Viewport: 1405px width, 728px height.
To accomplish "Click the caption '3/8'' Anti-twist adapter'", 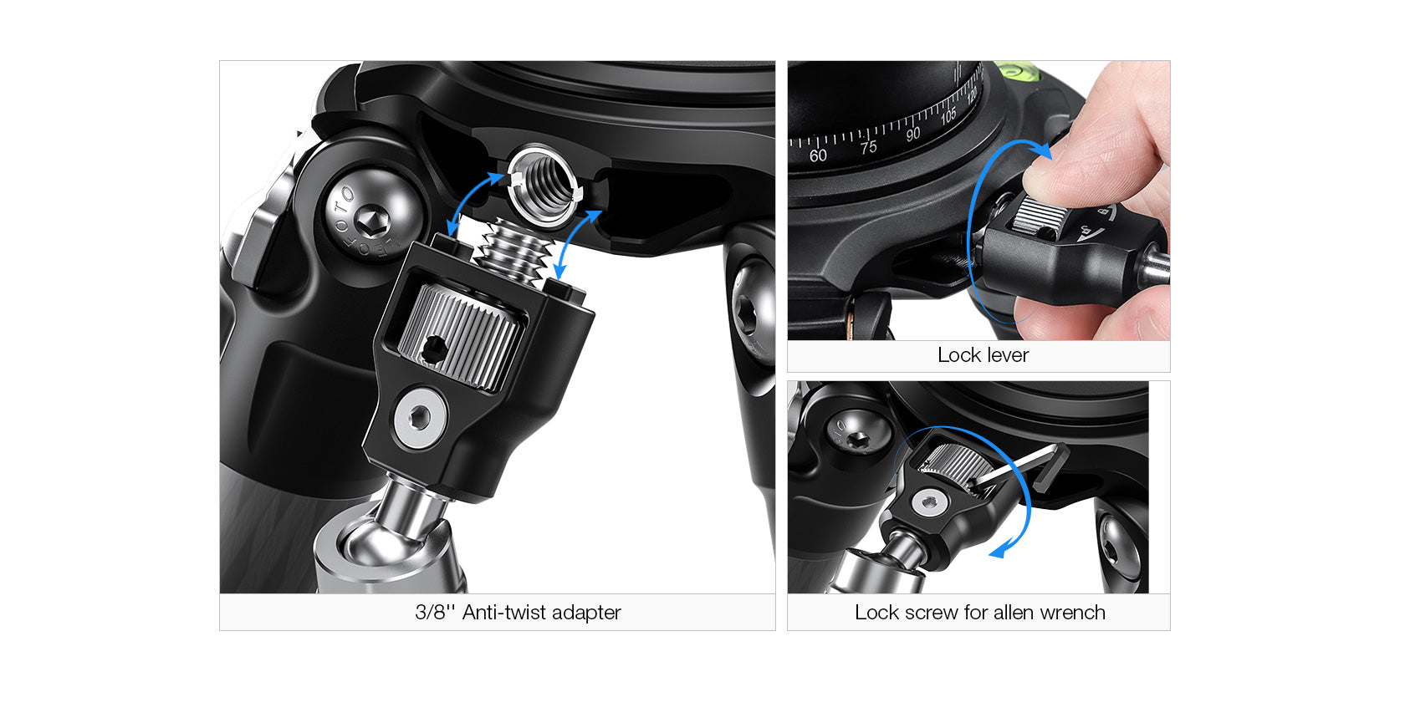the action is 518,612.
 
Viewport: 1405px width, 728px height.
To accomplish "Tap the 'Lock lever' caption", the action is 983,355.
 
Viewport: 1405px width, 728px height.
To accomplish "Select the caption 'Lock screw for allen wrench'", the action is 980,612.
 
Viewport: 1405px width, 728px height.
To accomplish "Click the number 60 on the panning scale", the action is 817,155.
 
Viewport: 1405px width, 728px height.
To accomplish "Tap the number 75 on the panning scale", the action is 869,147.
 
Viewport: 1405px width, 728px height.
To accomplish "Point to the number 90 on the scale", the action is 912,134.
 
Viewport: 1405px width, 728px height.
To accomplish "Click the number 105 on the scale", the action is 948,115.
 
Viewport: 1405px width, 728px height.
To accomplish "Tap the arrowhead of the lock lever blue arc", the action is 1042,150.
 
